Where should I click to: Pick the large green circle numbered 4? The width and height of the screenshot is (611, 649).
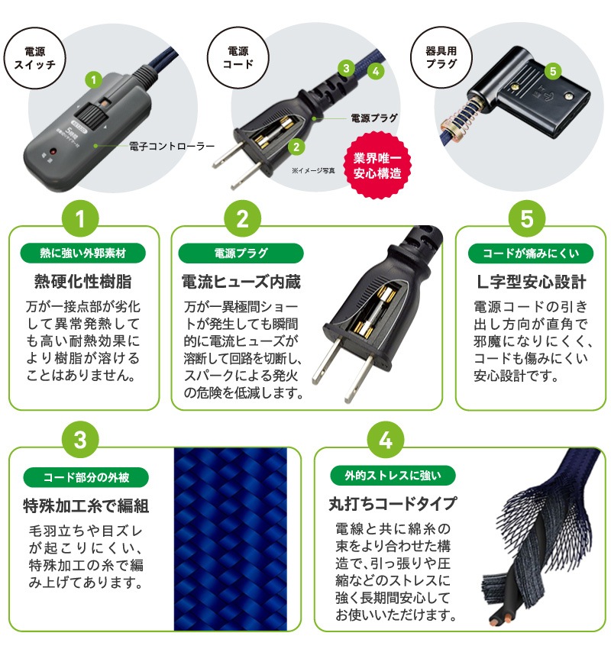point(386,442)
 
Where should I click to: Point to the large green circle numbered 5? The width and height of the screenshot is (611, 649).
point(528,221)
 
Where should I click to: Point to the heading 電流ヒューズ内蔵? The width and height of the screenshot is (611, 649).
point(241,282)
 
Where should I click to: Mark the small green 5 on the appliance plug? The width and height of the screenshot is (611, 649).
point(554,71)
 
